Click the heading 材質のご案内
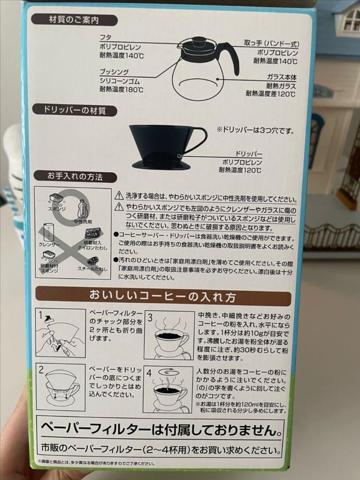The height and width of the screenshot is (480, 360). point(74,20)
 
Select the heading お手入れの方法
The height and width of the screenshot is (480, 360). point(75,176)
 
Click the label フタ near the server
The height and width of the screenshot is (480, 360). point(105,37)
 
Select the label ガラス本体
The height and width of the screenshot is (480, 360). point(282,77)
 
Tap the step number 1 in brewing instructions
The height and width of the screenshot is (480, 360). point(41,316)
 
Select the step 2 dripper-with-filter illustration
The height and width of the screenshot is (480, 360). point(61,387)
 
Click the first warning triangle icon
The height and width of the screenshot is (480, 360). point(119,196)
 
